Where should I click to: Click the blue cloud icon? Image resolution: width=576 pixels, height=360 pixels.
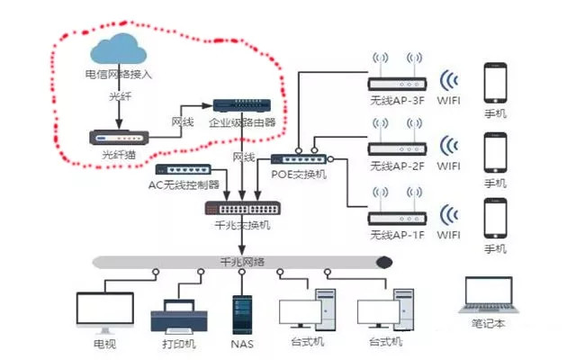[x=118, y=47]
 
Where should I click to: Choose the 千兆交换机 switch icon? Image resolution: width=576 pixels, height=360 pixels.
[x=238, y=208]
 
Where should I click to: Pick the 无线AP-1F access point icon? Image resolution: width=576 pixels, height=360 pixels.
[x=395, y=217]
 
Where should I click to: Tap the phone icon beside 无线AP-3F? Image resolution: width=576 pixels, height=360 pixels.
[x=496, y=82]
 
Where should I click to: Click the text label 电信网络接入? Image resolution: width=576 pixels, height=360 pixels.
[x=118, y=75]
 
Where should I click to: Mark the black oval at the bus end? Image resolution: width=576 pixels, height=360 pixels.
[x=384, y=263]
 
